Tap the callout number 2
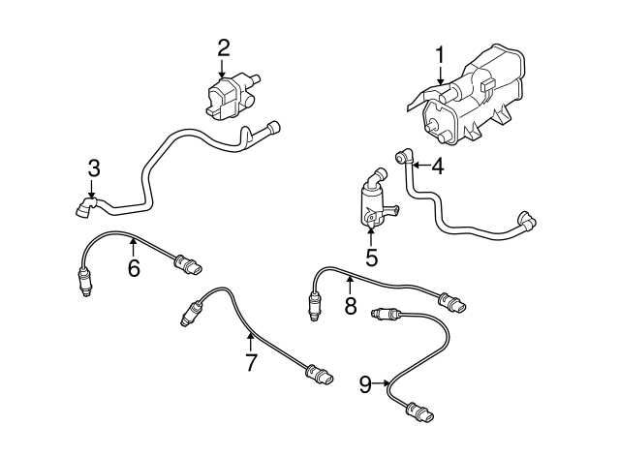(x=223, y=48)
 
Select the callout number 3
(x=94, y=168)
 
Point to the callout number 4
(x=438, y=167)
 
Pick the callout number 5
(x=372, y=258)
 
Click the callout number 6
(x=134, y=269)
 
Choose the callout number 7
(x=251, y=363)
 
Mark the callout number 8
(x=351, y=305)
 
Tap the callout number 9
(x=366, y=385)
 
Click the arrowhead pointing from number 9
(x=387, y=382)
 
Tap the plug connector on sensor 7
(x=320, y=375)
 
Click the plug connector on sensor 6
(x=188, y=264)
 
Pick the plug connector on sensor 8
(x=452, y=302)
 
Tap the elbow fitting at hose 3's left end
(x=86, y=206)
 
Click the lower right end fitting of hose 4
(x=527, y=221)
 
